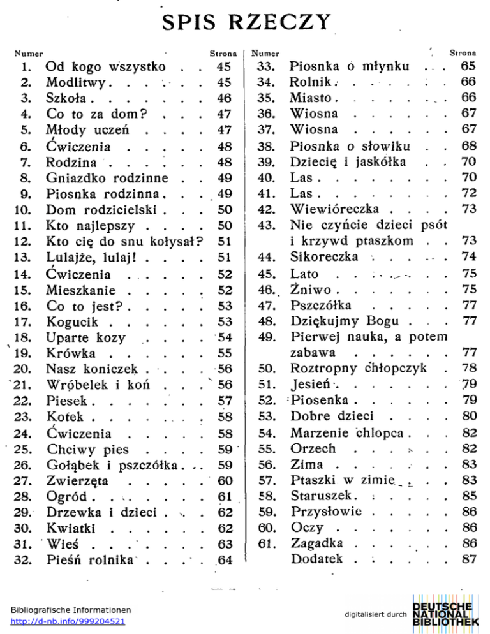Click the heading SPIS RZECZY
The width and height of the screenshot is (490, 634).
coord(245,27)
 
